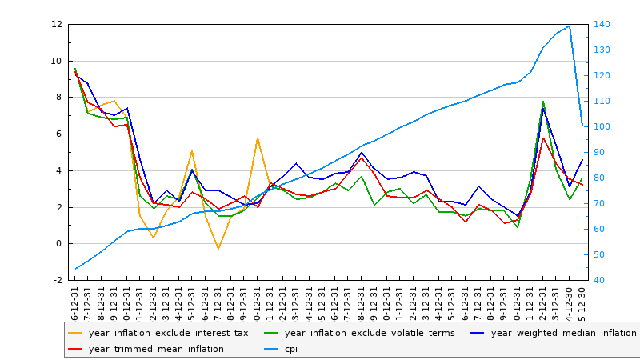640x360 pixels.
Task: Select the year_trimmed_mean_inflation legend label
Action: tap(156, 349)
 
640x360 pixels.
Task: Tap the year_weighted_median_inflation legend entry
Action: tap(563, 333)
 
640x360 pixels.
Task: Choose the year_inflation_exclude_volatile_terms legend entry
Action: tap(370, 333)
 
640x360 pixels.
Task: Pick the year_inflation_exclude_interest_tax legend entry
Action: tap(168, 333)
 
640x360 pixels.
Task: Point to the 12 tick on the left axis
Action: tap(57, 24)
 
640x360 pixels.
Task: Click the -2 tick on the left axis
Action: tap(57, 281)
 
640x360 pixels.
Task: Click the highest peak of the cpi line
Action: tap(570, 26)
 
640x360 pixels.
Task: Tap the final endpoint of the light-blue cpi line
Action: tap(582, 126)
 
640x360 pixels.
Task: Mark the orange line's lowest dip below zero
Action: tap(218, 250)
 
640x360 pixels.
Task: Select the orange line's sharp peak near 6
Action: tap(258, 138)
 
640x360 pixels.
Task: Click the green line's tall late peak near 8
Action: tap(543, 102)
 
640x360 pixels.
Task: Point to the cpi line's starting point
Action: tap(75, 269)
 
